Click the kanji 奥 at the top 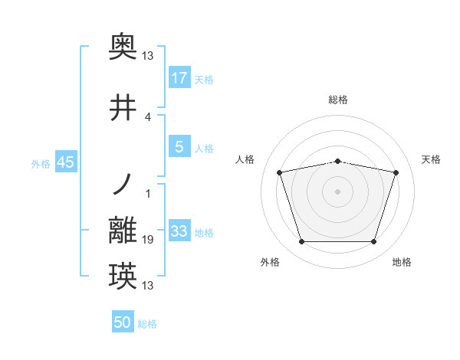[123, 48]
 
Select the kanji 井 [123, 109]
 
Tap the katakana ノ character [123, 185]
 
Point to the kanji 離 [123, 231]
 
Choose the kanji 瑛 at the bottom [123, 276]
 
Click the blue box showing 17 [179, 78]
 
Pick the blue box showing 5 [179, 147]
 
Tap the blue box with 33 [179, 231]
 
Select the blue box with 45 [65, 163]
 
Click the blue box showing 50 [123, 322]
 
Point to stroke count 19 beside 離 [148, 240]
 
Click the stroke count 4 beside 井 [147, 117]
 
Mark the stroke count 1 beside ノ [147, 193]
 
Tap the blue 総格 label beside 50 [147, 324]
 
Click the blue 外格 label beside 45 [41, 164]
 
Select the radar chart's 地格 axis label [402, 262]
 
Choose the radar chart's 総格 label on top [337, 100]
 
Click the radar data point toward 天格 [396, 173]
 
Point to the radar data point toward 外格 [301, 242]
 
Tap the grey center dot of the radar [337, 191]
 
